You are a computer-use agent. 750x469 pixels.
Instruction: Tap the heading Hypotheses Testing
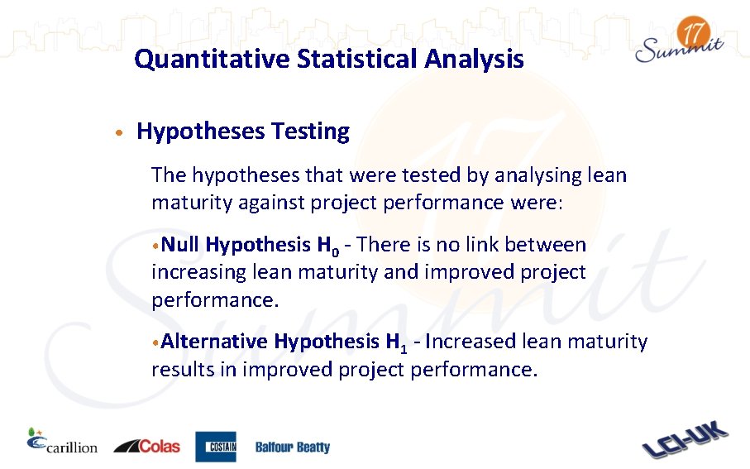pyautogui.click(x=243, y=132)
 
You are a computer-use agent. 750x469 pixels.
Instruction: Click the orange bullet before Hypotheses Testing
pyautogui.click(x=120, y=132)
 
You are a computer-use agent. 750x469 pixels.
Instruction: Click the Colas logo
pyautogui.click(x=146, y=446)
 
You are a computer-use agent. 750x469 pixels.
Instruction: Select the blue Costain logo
pyautogui.click(x=216, y=447)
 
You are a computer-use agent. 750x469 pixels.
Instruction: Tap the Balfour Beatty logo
pyautogui.click(x=292, y=447)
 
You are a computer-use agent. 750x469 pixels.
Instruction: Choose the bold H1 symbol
pyautogui.click(x=396, y=342)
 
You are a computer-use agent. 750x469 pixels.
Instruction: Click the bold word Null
pyautogui.click(x=180, y=245)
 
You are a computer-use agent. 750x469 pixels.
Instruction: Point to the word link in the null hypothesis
pyautogui.click(x=482, y=245)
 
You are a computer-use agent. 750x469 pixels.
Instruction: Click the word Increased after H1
pyautogui.click(x=467, y=342)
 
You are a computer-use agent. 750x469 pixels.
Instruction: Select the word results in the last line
pyautogui.click(x=182, y=369)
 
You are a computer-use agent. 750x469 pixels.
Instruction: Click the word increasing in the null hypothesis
pyautogui.click(x=198, y=272)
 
